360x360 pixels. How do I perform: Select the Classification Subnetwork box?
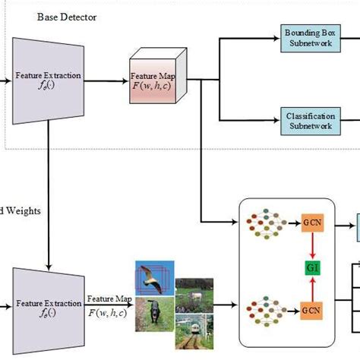tap(311, 121)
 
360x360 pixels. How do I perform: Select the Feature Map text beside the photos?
tap(106, 305)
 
